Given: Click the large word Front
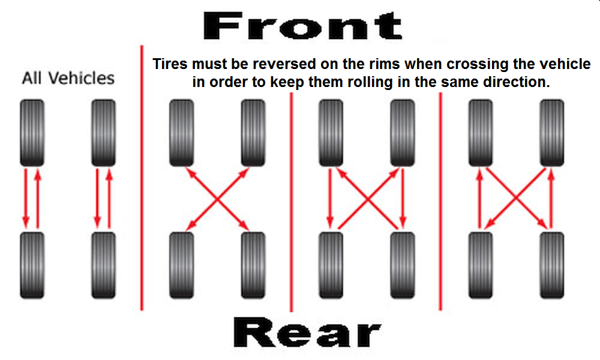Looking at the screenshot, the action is (302, 26).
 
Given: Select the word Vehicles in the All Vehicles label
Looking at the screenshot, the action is (82, 78).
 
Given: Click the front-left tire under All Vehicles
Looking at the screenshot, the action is (32, 133).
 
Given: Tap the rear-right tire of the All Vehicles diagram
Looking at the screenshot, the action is (103, 265).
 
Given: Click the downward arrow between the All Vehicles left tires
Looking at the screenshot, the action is (26, 198).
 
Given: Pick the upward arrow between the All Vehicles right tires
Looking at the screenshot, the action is (109, 198).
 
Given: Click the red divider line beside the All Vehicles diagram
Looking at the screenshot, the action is (142, 178).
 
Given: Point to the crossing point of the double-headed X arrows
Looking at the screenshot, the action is (217, 199).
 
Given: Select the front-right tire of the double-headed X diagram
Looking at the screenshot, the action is (253, 133).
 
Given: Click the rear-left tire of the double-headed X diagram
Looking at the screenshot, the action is (181, 265).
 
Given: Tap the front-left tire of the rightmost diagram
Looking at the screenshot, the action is (481, 133).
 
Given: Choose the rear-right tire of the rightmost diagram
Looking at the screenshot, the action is (552, 265).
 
